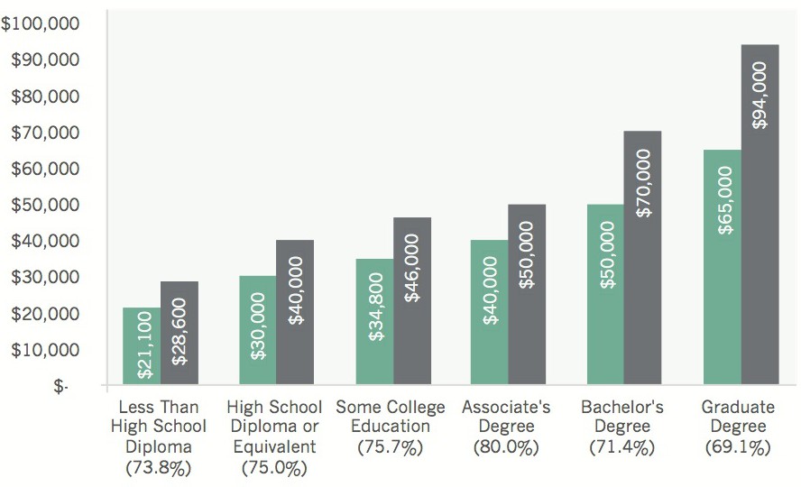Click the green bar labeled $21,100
tap(142, 346)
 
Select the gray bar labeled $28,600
tap(180, 334)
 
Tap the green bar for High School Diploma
tap(257, 330)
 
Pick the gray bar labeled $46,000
tap(412, 301)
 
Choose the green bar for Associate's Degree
tap(489, 312)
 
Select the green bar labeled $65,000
tap(722, 267)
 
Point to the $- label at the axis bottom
tap(60, 386)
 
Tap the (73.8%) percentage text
tap(159, 467)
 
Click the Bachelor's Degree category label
tap(622, 417)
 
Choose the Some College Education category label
tap(391, 417)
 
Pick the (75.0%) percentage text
tap(274, 467)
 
